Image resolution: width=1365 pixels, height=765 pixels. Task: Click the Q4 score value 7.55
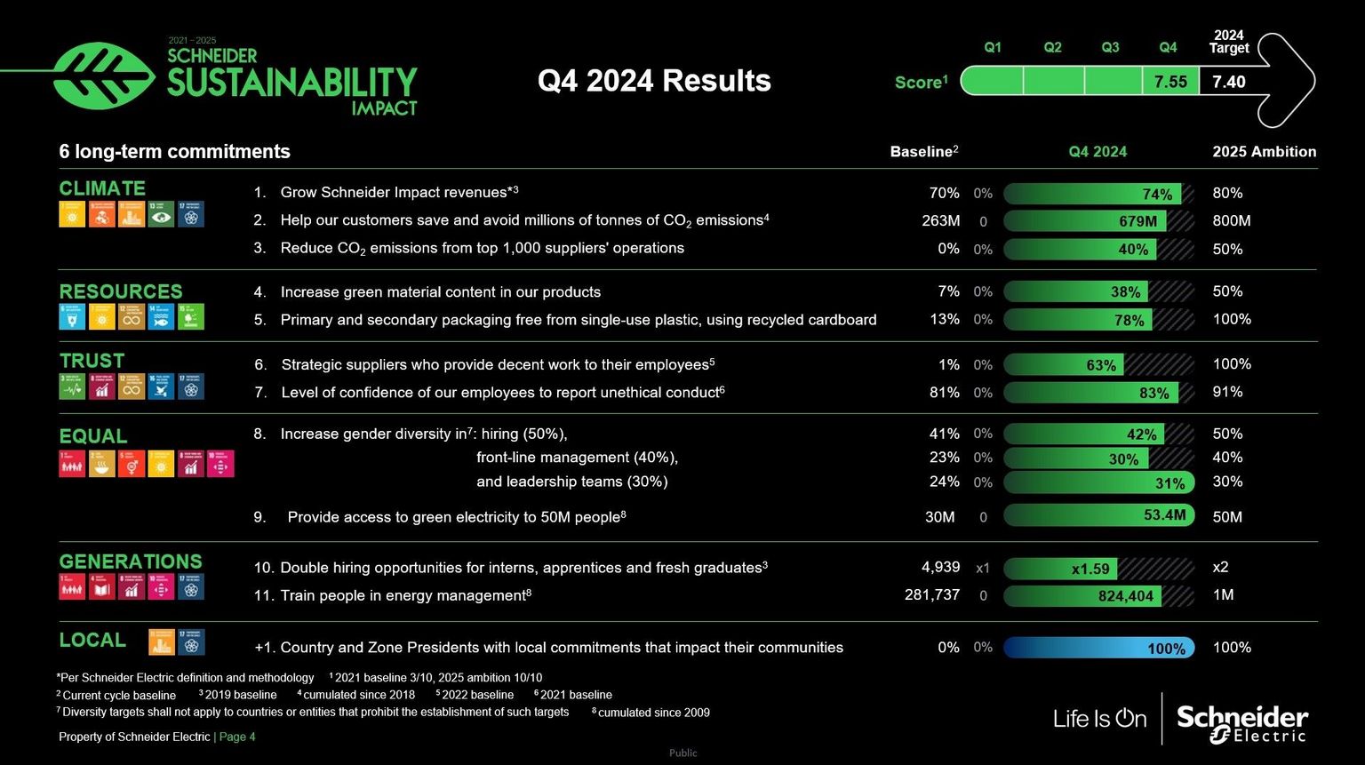click(x=1170, y=82)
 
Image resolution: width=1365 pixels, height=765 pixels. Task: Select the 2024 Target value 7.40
click(x=1228, y=82)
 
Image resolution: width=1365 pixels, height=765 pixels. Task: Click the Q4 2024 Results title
click(x=654, y=81)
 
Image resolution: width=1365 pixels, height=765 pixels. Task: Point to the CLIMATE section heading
click(x=102, y=188)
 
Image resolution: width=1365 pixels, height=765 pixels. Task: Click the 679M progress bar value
click(x=1137, y=221)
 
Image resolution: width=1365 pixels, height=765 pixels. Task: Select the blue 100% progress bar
click(x=1098, y=648)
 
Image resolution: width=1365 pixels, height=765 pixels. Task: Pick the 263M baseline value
click(x=940, y=220)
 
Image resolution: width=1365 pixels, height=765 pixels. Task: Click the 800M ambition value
click(x=1232, y=220)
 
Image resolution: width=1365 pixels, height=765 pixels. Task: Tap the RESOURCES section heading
click(x=121, y=291)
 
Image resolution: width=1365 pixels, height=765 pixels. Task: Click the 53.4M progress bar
click(x=1098, y=515)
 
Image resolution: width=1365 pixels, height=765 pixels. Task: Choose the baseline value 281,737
click(x=931, y=594)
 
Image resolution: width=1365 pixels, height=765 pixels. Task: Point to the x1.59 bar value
click(x=1090, y=569)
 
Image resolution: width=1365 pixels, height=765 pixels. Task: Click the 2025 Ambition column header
click(x=1264, y=152)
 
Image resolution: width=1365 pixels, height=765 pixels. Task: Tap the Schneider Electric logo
click(x=1242, y=722)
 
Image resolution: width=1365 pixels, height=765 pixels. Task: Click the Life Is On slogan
click(x=1099, y=718)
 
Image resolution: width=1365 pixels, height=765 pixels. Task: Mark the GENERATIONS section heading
click(x=131, y=562)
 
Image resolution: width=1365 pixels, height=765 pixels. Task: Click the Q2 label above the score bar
click(x=1052, y=47)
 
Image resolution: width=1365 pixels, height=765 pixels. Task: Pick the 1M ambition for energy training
click(x=1223, y=594)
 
